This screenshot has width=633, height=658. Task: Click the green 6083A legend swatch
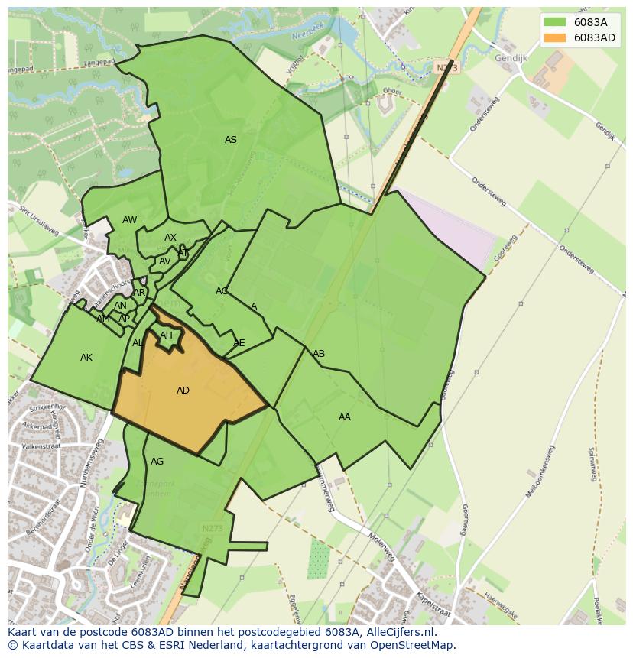[555, 22]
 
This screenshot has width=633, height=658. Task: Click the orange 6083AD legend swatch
[555, 37]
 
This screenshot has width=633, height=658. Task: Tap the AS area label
[230, 140]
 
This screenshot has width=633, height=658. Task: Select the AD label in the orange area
[183, 391]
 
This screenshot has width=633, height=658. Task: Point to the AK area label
[86, 358]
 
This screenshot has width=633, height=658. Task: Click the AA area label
[345, 417]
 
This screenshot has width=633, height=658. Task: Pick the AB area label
[319, 354]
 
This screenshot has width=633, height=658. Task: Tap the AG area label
[157, 462]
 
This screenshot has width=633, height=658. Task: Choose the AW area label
[130, 221]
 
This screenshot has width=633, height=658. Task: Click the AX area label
[170, 238]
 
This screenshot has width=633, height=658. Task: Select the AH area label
[166, 335]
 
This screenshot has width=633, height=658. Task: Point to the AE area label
[239, 343]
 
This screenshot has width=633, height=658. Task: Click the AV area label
[165, 261]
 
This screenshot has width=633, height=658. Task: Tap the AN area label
[120, 306]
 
